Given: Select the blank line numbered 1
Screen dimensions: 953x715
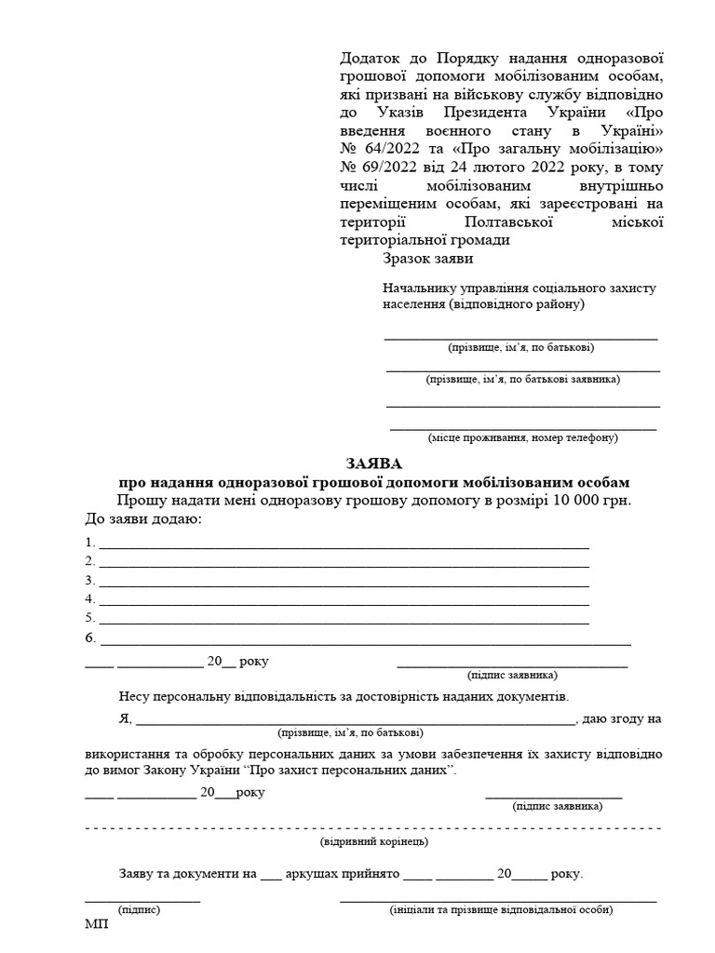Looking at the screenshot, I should click(x=344, y=543).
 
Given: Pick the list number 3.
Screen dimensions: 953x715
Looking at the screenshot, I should click(x=89, y=580).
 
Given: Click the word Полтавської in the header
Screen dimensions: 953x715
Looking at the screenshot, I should click(x=508, y=221).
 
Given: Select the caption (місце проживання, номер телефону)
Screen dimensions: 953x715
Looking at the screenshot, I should click(x=522, y=436).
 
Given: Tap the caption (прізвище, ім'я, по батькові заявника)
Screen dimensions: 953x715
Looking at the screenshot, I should click(x=522, y=379).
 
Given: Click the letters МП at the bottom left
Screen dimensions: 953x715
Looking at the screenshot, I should click(x=96, y=925).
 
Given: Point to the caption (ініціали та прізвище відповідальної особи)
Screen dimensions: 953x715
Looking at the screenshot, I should click(x=501, y=909).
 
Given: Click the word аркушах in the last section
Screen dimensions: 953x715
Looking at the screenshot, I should click(x=317, y=875).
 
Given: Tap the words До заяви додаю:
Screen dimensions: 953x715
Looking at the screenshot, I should click(x=142, y=518).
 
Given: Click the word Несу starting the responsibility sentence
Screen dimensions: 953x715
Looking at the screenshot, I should click(x=136, y=696).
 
